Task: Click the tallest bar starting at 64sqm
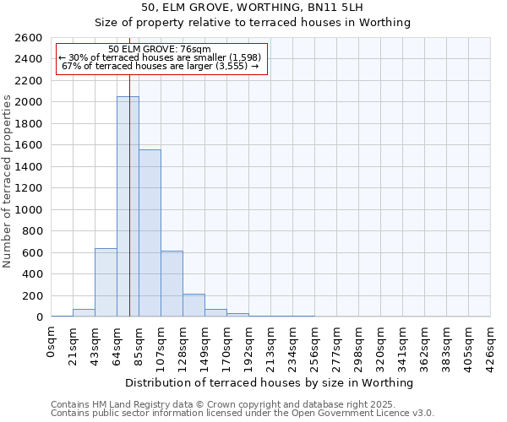(128, 207)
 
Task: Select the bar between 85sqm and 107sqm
(150, 233)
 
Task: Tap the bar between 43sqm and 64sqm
(106, 282)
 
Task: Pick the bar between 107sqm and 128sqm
(172, 284)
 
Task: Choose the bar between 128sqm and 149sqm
(194, 306)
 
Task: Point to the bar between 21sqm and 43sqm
(84, 313)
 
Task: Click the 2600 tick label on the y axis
(28, 38)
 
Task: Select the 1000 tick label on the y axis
(28, 209)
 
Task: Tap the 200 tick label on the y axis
(32, 295)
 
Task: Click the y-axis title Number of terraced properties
(8, 181)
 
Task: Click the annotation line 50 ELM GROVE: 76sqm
(161, 49)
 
